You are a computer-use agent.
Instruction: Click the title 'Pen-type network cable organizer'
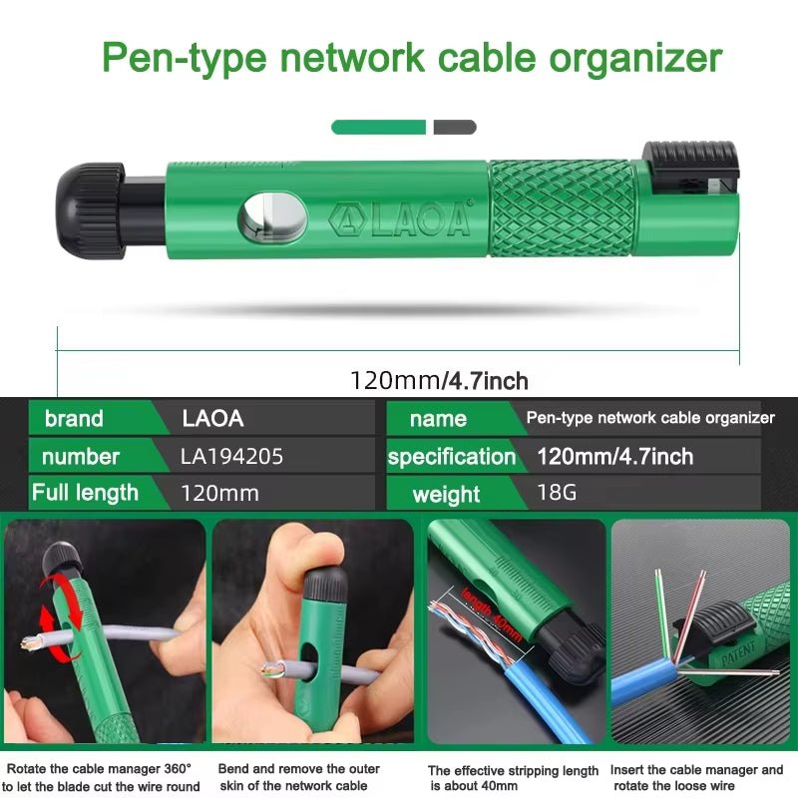click(411, 58)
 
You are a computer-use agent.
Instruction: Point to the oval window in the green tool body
click(271, 216)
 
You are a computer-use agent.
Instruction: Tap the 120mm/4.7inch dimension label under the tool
click(439, 380)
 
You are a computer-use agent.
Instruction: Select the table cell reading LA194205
click(232, 457)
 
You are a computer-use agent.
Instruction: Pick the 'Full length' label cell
click(85, 493)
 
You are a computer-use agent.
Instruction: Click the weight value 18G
click(557, 494)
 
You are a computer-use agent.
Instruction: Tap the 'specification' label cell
click(452, 457)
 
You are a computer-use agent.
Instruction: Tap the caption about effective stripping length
click(513, 778)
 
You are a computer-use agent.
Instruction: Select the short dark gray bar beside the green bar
click(455, 127)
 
